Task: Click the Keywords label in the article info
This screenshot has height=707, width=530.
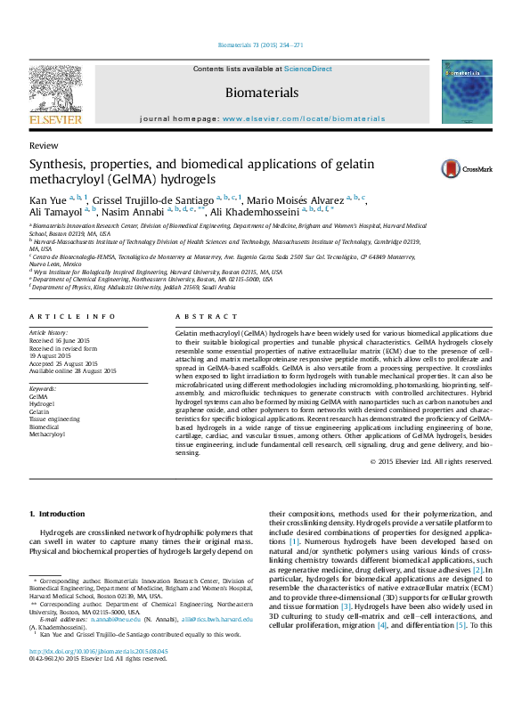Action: [x=44, y=389]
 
